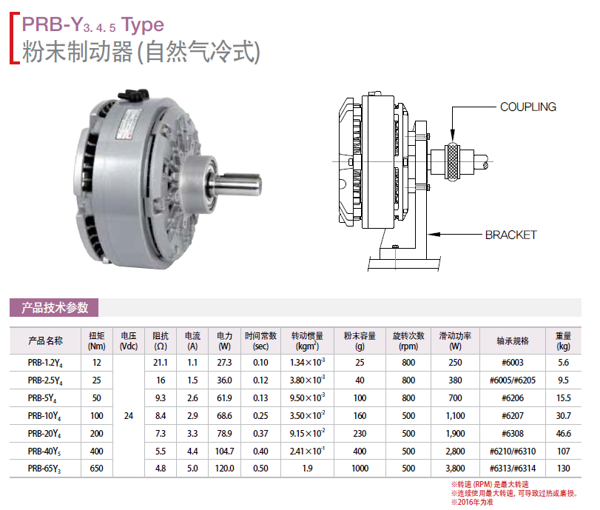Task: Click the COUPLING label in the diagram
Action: (527, 107)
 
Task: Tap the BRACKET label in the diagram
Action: (510, 235)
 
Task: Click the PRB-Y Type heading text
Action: (88, 24)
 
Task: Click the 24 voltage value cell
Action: (129, 416)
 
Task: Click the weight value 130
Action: (564, 469)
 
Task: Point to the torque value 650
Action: (97, 469)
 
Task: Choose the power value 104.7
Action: (224, 451)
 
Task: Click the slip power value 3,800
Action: (455, 469)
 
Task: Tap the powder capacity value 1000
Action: (360, 469)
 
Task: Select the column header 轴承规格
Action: (513, 340)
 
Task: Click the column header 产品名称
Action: (45, 340)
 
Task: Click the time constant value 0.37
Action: (260, 433)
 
